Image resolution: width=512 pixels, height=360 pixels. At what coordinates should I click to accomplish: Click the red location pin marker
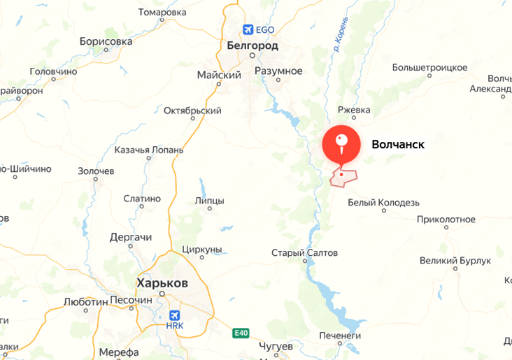[341, 145]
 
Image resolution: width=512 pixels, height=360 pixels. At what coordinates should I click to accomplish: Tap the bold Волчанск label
[398, 145]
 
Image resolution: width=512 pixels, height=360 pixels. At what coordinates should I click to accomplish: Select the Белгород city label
[253, 45]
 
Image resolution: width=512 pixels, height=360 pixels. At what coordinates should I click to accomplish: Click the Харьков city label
[162, 283]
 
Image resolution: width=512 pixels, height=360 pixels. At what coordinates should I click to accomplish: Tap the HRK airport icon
[175, 315]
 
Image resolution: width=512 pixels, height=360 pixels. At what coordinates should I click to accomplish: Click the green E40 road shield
[241, 333]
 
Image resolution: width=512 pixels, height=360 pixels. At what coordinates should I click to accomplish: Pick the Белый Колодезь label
[383, 203]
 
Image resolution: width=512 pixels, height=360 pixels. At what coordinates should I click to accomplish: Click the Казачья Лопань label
[149, 150]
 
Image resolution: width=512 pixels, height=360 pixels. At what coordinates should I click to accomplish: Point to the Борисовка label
[106, 41]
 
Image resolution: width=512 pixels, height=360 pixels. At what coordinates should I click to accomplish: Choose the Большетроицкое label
[429, 67]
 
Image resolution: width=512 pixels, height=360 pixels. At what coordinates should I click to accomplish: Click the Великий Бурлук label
[455, 261]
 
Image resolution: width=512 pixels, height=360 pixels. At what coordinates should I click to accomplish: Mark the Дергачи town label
[131, 237]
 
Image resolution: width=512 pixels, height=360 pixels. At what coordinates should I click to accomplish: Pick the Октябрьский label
[192, 110]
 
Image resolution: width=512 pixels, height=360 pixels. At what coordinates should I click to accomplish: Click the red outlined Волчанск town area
[343, 179]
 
